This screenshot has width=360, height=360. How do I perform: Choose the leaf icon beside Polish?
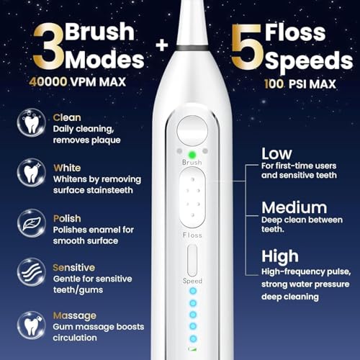pos(31,223)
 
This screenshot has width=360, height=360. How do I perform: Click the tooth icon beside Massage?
pos(31,324)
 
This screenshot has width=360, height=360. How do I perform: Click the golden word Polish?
pos(66,217)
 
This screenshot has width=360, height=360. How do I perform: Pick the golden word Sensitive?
pos(74,267)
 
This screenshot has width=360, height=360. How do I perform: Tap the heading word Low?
pos(276,153)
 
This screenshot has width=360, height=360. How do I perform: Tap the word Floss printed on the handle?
pos(192,235)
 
